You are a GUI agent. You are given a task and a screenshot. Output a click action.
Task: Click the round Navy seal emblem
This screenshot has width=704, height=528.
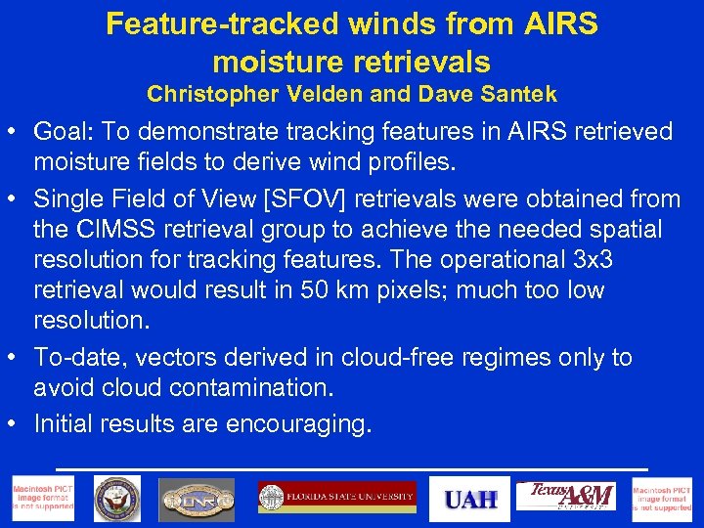117,499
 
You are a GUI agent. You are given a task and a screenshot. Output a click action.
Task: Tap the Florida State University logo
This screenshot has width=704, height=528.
336,498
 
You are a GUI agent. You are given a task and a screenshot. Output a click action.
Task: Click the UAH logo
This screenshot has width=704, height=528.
470,499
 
